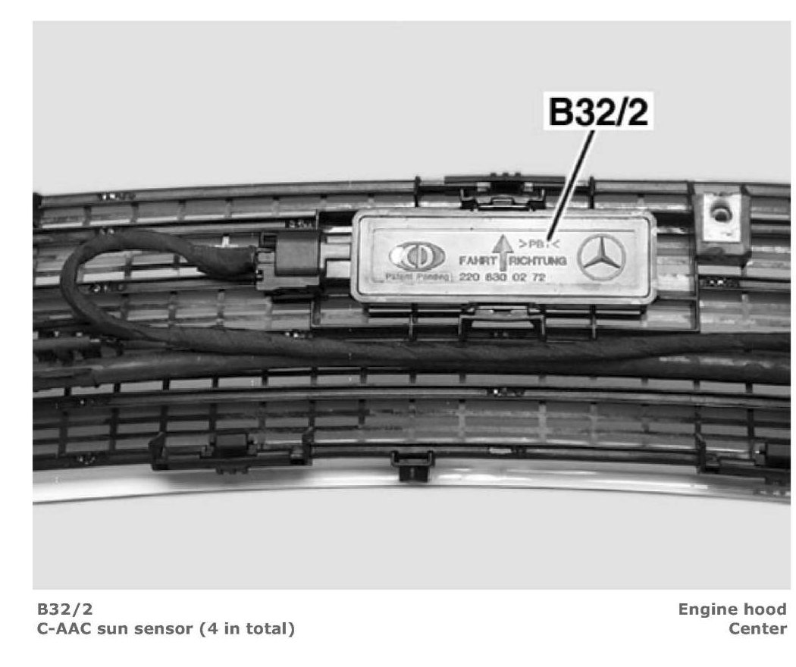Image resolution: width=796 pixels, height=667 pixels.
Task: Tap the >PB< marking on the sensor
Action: pos(536,243)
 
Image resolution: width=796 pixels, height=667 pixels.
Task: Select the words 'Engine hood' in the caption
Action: pos(732,609)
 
